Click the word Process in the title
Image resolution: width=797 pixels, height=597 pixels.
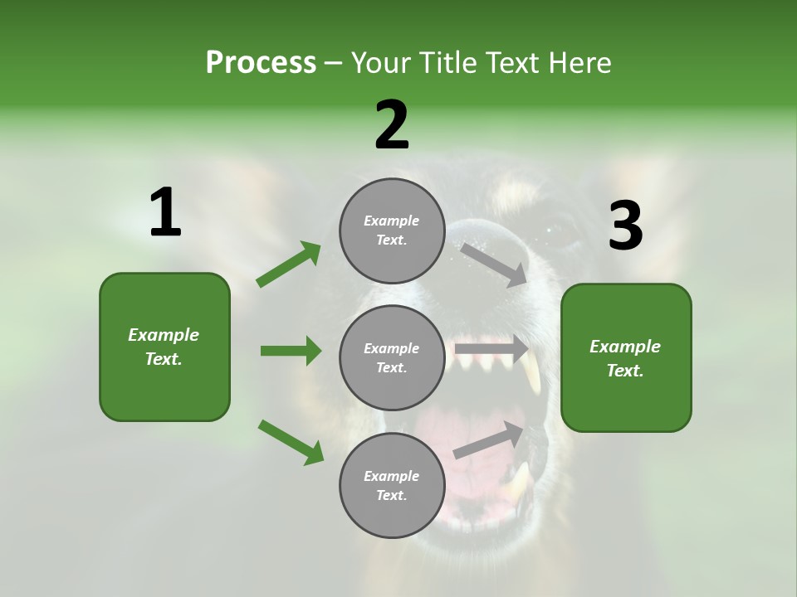[x=261, y=63]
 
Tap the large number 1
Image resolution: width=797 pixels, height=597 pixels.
[x=165, y=213]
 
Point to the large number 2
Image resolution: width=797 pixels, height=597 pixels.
[x=392, y=125]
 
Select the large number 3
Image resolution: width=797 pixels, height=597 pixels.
[x=625, y=226]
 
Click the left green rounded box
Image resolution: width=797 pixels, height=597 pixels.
[x=164, y=347]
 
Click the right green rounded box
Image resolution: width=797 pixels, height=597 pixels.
[x=626, y=357]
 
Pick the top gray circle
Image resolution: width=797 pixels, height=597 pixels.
[x=392, y=231]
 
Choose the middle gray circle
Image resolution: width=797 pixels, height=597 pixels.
[x=392, y=357]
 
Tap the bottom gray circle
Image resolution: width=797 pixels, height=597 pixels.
[x=392, y=485]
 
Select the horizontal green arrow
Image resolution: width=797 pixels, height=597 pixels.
[x=291, y=351]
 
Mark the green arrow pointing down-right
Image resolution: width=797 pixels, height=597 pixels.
[x=291, y=442]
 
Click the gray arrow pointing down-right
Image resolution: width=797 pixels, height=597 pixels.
[x=495, y=265]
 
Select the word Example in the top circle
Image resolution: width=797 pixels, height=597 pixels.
[x=392, y=221]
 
